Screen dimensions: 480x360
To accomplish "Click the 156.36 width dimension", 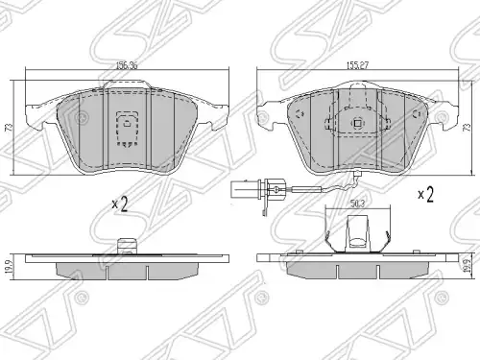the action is [127, 65].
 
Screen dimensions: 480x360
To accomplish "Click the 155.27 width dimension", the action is [357, 65].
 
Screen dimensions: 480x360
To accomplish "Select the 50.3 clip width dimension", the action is [357, 204].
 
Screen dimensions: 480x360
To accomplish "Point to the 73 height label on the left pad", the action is [9, 128].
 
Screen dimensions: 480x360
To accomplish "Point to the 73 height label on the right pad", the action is [468, 128].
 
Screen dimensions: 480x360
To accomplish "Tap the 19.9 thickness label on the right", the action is [468, 266].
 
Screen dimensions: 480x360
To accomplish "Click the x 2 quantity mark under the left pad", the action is [120, 204].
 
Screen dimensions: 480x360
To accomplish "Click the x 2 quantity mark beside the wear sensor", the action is [426, 194].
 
